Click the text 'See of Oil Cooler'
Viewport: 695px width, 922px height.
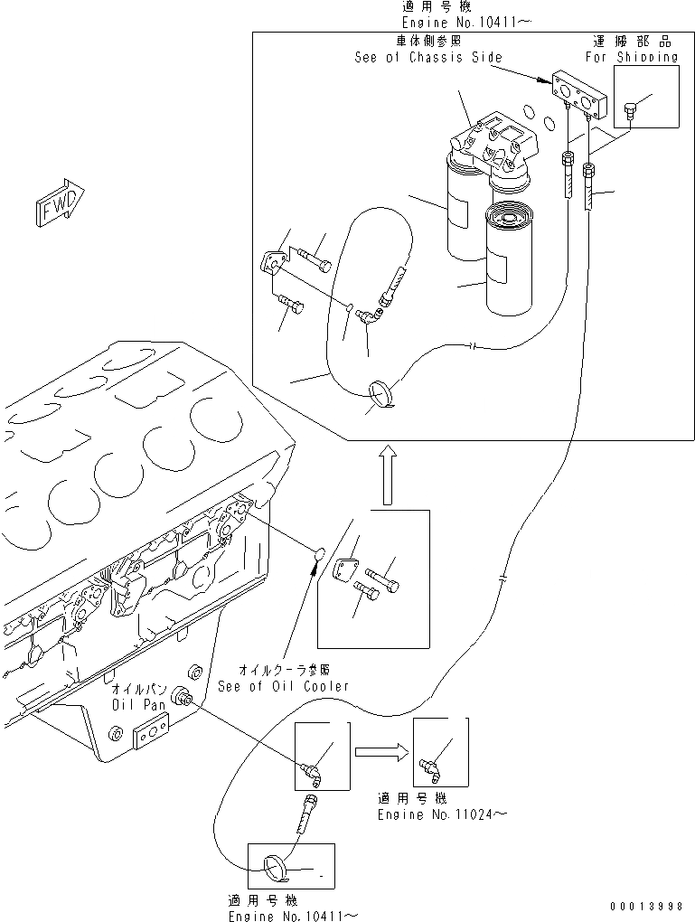pyautogui.click(x=283, y=685)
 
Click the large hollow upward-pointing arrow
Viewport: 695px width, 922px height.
pyautogui.click(x=386, y=474)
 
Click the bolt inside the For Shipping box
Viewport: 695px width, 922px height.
pyautogui.click(x=631, y=113)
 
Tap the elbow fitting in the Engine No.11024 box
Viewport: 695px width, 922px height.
pyautogui.click(x=428, y=769)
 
